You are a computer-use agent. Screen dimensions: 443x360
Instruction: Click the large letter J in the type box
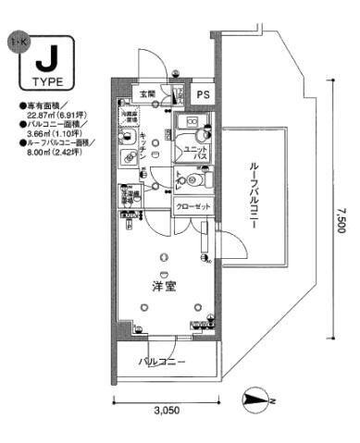tap(43, 62)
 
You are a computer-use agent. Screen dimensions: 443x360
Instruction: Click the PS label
tap(203, 92)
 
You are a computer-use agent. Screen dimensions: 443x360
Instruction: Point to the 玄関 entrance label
tap(147, 92)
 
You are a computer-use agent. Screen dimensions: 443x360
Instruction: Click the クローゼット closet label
tap(192, 206)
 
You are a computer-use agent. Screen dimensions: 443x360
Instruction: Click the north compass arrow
tap(254, 400)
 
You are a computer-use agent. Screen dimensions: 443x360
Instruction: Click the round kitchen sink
tap(127, 136)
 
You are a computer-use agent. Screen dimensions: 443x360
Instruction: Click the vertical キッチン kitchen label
tap(147, 143)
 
